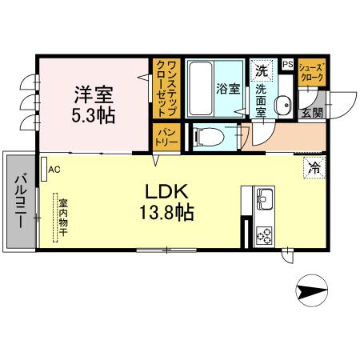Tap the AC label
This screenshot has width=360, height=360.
point(54,170)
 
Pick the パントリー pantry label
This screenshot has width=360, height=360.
point(166,137)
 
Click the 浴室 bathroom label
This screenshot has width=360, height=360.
point(227,89)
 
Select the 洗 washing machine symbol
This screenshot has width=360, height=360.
point(261,70)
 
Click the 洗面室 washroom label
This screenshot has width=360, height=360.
point(261,101)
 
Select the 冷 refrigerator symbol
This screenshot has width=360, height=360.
point(314,168)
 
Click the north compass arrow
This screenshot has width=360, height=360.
point(312,289)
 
